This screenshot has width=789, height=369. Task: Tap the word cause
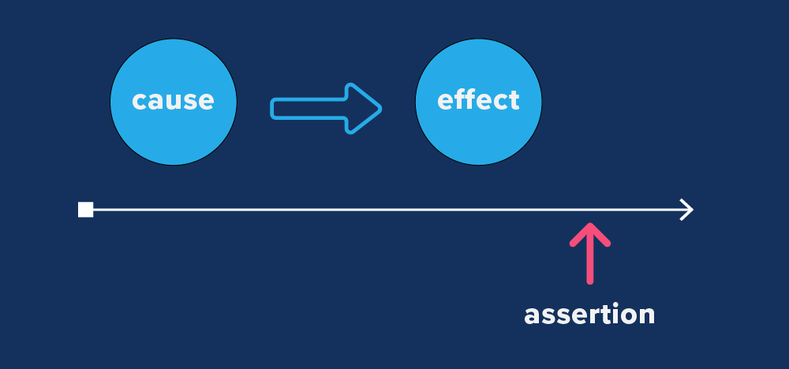pos(173,101)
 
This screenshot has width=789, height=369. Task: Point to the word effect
pos(478,100)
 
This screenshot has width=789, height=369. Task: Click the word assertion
pos(589,314)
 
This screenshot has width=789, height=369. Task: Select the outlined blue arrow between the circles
pos(325,109)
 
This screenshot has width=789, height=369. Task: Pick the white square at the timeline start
pos(86,210)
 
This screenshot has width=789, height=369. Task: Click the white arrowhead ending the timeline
pos(687,210)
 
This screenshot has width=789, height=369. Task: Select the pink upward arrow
pos(589,252)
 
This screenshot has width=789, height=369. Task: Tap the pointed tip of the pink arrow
pos(589,226)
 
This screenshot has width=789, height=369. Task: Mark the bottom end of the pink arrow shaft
pos(589,281)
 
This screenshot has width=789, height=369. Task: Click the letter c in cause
pos(140,102)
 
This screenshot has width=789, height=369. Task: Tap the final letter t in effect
pos(514,100)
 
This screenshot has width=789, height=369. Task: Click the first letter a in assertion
pos(533,315)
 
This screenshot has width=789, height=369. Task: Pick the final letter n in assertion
pos(645,315)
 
